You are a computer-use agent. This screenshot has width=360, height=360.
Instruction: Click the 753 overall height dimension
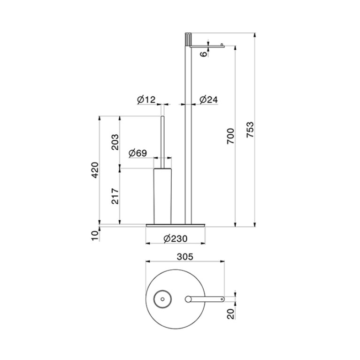pos(250,130)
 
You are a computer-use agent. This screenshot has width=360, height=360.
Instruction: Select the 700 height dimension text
pos(231,136)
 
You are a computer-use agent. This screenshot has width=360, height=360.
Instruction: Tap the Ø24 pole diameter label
pos(208,100)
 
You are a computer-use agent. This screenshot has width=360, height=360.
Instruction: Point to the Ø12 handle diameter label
pos(146,100)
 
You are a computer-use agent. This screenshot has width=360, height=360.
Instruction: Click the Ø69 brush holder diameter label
pos(138,153)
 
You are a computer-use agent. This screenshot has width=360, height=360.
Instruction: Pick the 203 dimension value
pos(115,142)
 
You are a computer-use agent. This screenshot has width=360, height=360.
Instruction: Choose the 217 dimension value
pos(115,196)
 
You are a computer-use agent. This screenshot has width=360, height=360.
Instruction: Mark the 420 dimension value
pos(95,170)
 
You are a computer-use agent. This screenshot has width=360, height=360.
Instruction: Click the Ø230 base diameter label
pos(176,239)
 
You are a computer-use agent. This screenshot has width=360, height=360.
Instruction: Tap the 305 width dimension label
pos(185,257)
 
